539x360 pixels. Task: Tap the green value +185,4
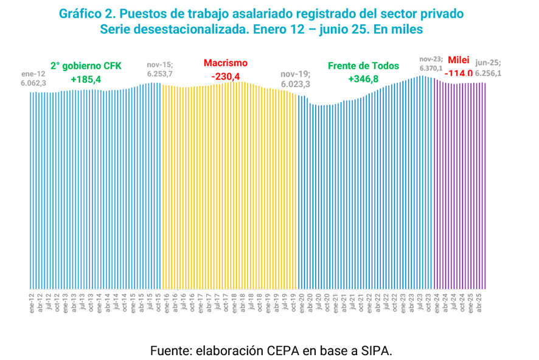pos(86,80)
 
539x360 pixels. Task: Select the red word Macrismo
pos(226,63)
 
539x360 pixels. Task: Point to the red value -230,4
pos(226,77)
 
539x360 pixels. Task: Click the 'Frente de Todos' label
pos(363,66)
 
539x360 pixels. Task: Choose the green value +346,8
pos(363,79)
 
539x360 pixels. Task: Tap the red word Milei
pos(459,60)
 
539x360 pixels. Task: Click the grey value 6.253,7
pos(159,74)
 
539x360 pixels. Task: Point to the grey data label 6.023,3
pos(296,83)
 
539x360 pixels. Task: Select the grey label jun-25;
pos(489,62)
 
